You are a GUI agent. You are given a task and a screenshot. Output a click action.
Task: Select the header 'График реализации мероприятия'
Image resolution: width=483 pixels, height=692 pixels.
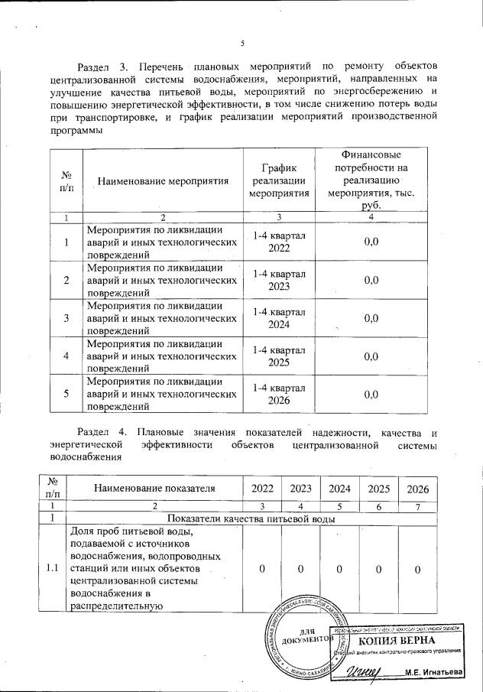[x=280, y=180]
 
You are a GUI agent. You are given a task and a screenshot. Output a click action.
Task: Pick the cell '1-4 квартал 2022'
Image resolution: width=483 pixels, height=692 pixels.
[x=280, y=242]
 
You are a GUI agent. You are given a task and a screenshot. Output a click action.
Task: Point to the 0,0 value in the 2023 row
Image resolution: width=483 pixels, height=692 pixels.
[x=371, y=281]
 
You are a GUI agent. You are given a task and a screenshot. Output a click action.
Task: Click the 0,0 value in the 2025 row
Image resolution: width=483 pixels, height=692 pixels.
[x=371, y=356]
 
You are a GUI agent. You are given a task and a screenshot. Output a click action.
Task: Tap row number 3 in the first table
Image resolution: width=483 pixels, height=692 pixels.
[x=66, y=318]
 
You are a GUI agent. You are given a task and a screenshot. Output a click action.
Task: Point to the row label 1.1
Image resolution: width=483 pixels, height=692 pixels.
[x=53, y=569]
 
